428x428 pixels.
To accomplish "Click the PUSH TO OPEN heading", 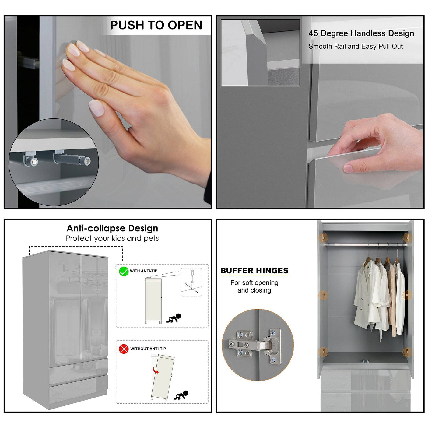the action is click(x=156, y=25).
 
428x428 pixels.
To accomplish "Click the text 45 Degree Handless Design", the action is click(x=361, y=33).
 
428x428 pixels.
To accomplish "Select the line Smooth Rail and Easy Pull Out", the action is click(x=355, y=46).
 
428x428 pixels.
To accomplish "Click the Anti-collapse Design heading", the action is click(x=112, y=228).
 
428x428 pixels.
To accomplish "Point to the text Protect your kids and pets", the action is click(x=112, y=238).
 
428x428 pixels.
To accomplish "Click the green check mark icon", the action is click(x=124, y=272).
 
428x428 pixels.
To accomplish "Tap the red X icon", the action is click(x=124, y=349).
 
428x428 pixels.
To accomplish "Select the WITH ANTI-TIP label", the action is click(x=143, y=271).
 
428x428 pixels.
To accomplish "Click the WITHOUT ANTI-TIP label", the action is click(x=148, y=349).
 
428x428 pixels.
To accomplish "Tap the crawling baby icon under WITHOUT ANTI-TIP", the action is click(x=181, y=395).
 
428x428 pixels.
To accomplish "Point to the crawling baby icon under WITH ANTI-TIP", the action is click(x=174, y=318).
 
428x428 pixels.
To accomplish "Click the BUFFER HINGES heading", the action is click(x=254, y=271).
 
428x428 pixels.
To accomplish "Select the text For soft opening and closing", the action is click(x=254, y=286).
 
